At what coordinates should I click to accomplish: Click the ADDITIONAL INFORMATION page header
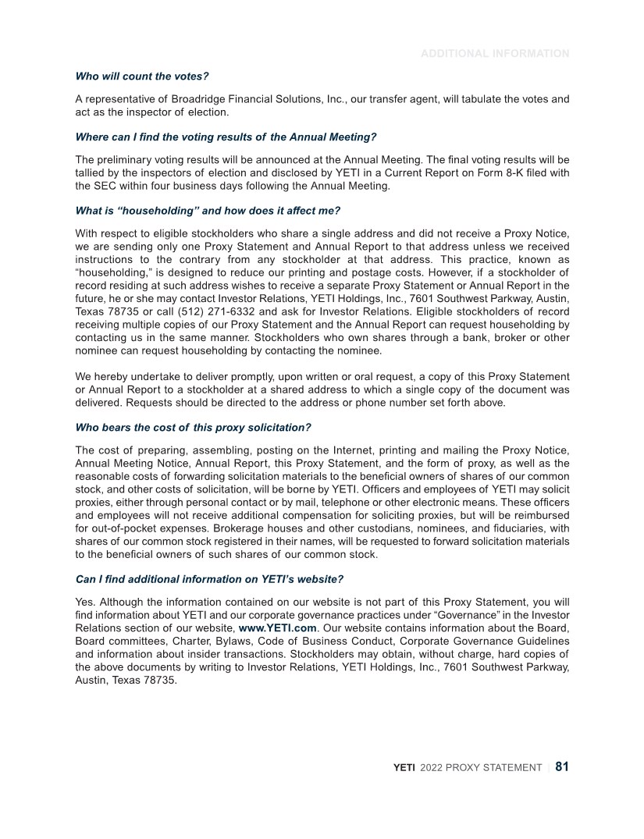tap(495, 54)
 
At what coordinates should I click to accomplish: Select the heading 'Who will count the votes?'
tap(142, 76)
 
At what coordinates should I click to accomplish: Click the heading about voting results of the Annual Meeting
tap(226, 137)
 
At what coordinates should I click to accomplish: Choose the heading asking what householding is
tap(208, 210)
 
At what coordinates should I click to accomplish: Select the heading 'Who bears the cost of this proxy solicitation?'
tap(193, 427)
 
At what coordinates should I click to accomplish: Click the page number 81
tap(561, 766)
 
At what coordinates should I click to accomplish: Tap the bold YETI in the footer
tap(404, 768)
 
